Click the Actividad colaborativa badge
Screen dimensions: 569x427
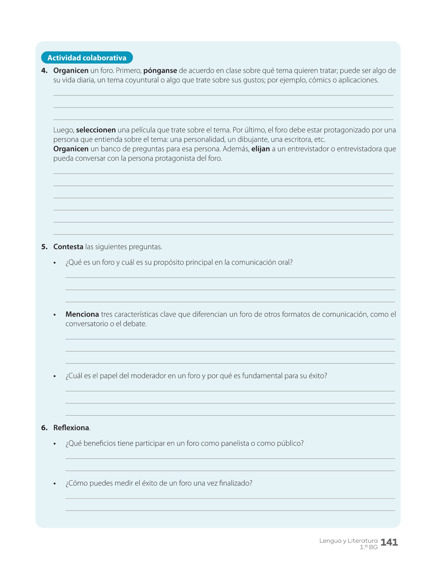pos(87,58)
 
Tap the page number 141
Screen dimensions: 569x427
pos(389,542)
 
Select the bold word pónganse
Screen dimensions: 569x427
pos(160,71)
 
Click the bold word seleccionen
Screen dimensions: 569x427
pos(96,130)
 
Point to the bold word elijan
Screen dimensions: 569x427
pos(261,149)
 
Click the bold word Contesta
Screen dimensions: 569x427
pos(68,247)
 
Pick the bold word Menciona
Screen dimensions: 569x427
pos(82,315)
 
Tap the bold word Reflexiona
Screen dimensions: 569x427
pos(71,428)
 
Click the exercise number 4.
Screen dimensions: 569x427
pos(44,71)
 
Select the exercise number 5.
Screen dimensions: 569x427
pos(44,247)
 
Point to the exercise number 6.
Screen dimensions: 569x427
pos(44,428)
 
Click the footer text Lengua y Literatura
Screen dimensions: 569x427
pos(348,541)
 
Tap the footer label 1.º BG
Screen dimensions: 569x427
pos(368,547)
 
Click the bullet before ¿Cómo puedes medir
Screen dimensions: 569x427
pos(55,484)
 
